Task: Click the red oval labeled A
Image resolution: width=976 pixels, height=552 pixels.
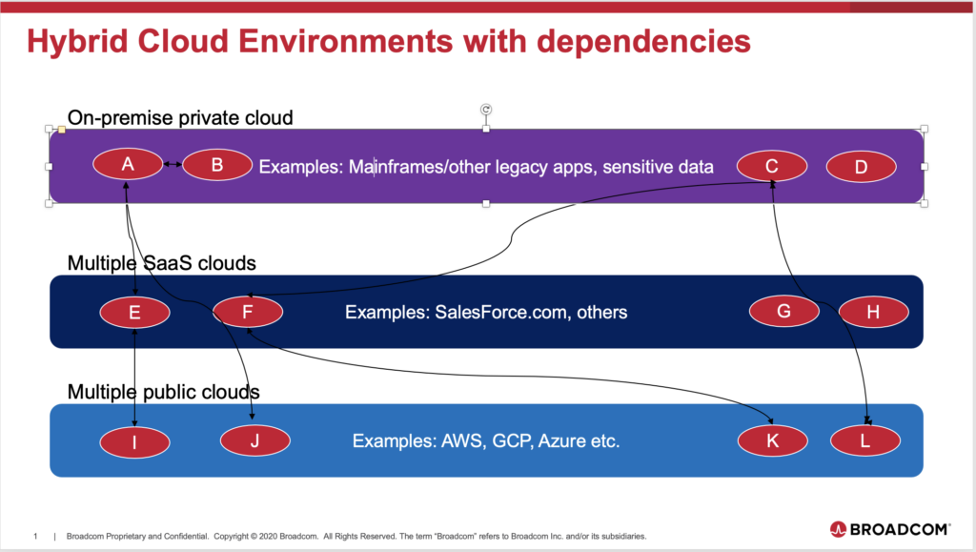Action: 128,164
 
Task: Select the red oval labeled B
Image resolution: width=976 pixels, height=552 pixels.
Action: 217,165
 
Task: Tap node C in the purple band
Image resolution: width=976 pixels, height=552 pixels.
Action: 772,166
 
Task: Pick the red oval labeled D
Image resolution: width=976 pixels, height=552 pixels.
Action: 862,167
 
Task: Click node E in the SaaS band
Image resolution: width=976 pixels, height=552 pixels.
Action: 135,313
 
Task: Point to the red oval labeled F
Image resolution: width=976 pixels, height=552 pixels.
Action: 248,312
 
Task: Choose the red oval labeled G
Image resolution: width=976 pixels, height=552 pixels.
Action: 784,311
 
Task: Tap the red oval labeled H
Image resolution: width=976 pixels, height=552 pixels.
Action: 874,312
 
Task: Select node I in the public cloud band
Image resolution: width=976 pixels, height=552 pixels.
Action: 134,442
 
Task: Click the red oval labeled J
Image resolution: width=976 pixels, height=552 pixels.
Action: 255,440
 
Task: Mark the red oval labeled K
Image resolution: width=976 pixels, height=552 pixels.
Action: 773,440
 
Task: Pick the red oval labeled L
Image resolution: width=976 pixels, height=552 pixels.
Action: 865,440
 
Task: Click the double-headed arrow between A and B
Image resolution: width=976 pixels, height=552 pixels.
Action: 173,164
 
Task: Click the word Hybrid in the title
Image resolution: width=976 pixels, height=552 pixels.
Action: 78,42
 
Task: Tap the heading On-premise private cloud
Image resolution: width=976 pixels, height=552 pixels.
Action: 180,117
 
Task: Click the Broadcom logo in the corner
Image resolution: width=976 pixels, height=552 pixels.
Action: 890,530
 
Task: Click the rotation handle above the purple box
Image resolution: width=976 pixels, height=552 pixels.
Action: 486,110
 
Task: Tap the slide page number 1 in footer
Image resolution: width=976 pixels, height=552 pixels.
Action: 35,536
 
